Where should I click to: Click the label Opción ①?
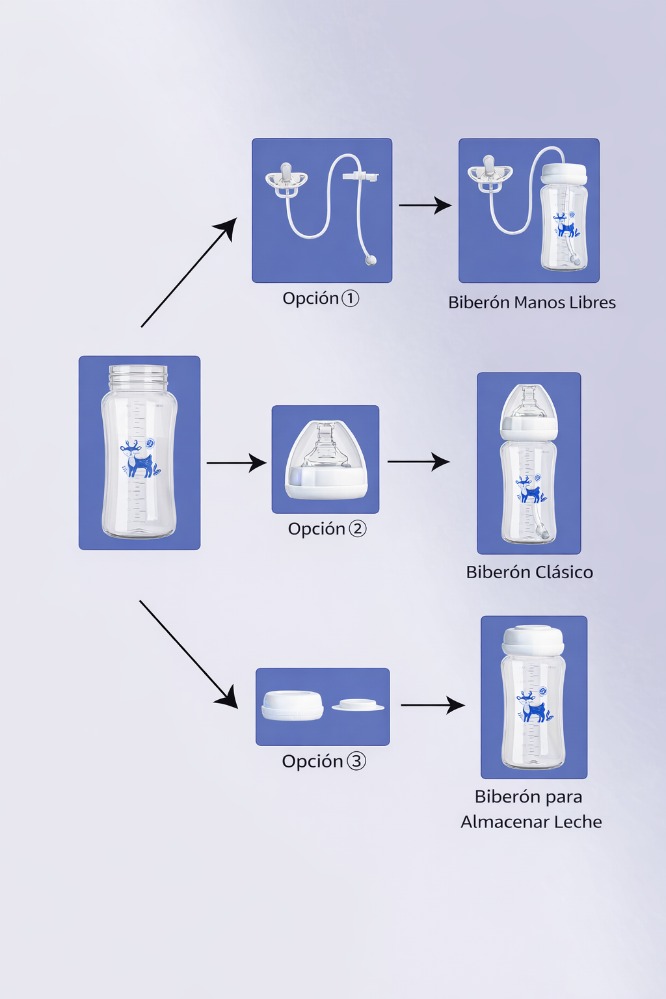(321, 299)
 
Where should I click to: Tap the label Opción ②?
(327, 529)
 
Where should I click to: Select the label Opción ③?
(324, 761)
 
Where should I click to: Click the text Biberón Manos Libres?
(531, 302)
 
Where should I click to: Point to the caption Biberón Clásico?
(529, 572)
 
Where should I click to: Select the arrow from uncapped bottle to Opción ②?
(236, 463)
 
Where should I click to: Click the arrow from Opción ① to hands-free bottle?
(425, 206)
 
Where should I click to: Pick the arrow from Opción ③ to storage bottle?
(433, 705)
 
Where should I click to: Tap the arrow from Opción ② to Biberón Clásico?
(418, 462)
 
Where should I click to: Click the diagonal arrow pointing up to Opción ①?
(189, 273)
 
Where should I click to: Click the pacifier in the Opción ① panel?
(286, 180)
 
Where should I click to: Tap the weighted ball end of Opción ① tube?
(371, 260)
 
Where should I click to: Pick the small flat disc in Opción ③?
(358, 705)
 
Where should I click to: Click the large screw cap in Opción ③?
(293, 705)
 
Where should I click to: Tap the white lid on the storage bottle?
(533, 640)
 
